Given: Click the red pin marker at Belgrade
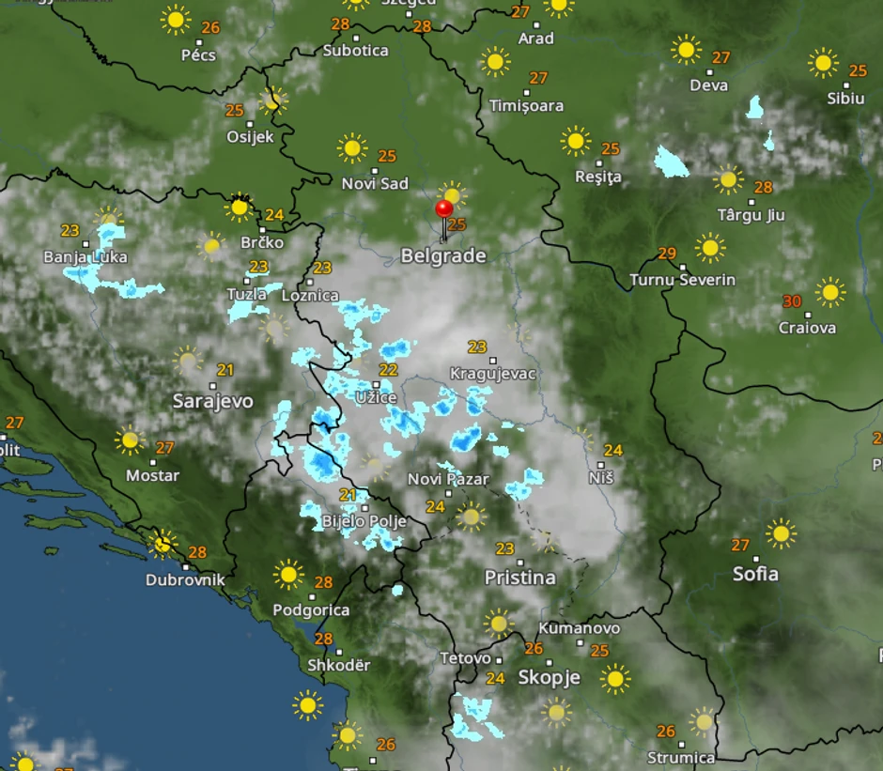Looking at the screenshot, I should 444,209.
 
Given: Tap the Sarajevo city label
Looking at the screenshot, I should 212,401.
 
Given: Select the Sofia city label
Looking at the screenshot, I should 755,573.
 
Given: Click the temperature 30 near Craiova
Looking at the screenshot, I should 792,301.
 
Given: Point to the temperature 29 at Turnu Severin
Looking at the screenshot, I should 667,254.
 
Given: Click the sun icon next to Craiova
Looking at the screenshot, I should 829,291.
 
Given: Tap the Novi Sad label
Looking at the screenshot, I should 375,183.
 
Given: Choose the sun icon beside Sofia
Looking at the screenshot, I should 780,533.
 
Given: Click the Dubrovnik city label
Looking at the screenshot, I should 185,579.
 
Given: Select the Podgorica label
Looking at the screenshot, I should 311,609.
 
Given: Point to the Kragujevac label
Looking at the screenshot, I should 493,373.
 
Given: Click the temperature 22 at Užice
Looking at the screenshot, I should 388,370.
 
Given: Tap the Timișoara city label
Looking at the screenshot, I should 526,105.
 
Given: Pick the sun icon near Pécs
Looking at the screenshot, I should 176,20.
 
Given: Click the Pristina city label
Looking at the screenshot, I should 519,578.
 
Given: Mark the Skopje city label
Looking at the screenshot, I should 550,677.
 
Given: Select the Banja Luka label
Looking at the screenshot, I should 85,256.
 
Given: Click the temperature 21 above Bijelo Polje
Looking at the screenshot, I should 348,496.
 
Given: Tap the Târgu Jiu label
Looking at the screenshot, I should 751,215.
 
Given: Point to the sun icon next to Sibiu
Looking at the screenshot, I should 823,63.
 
